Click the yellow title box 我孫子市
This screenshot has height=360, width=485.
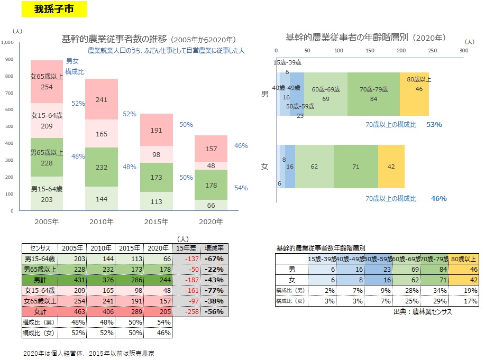(55, 9)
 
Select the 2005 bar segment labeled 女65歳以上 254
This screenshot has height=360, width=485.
(47, 82)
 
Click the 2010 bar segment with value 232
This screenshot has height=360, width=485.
(102, 167)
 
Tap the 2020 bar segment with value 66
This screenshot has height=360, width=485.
(211, 205)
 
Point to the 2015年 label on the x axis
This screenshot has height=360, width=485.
(156, 221)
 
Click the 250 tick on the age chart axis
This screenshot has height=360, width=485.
(433, 50)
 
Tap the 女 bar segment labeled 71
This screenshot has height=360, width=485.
(355, 166)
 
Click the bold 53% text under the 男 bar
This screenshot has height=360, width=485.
(434, 125)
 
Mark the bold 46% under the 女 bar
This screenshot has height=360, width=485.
(438, 199)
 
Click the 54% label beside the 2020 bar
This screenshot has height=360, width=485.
(241, 188)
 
